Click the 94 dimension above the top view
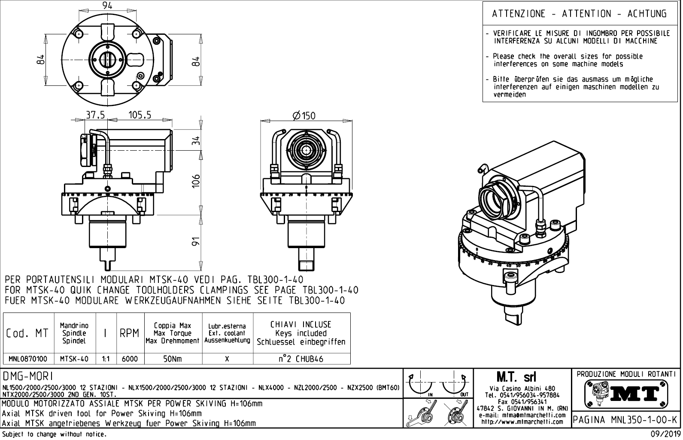coord(107,6)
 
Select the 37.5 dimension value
coord(95,115)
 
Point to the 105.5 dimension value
coord(140,115)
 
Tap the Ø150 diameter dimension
coord(304,115)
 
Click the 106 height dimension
coord(196,181)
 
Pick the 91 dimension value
coord(196,243)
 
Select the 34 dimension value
coord(196,140)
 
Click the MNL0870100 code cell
coord(28,359)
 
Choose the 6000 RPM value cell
coord(130,359)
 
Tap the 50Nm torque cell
coord(173,359)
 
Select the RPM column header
coord(130,333)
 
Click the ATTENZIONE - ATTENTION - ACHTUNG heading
coord(579,14)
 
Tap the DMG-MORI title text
coord(27,376)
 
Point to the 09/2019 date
coord(665,434)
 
